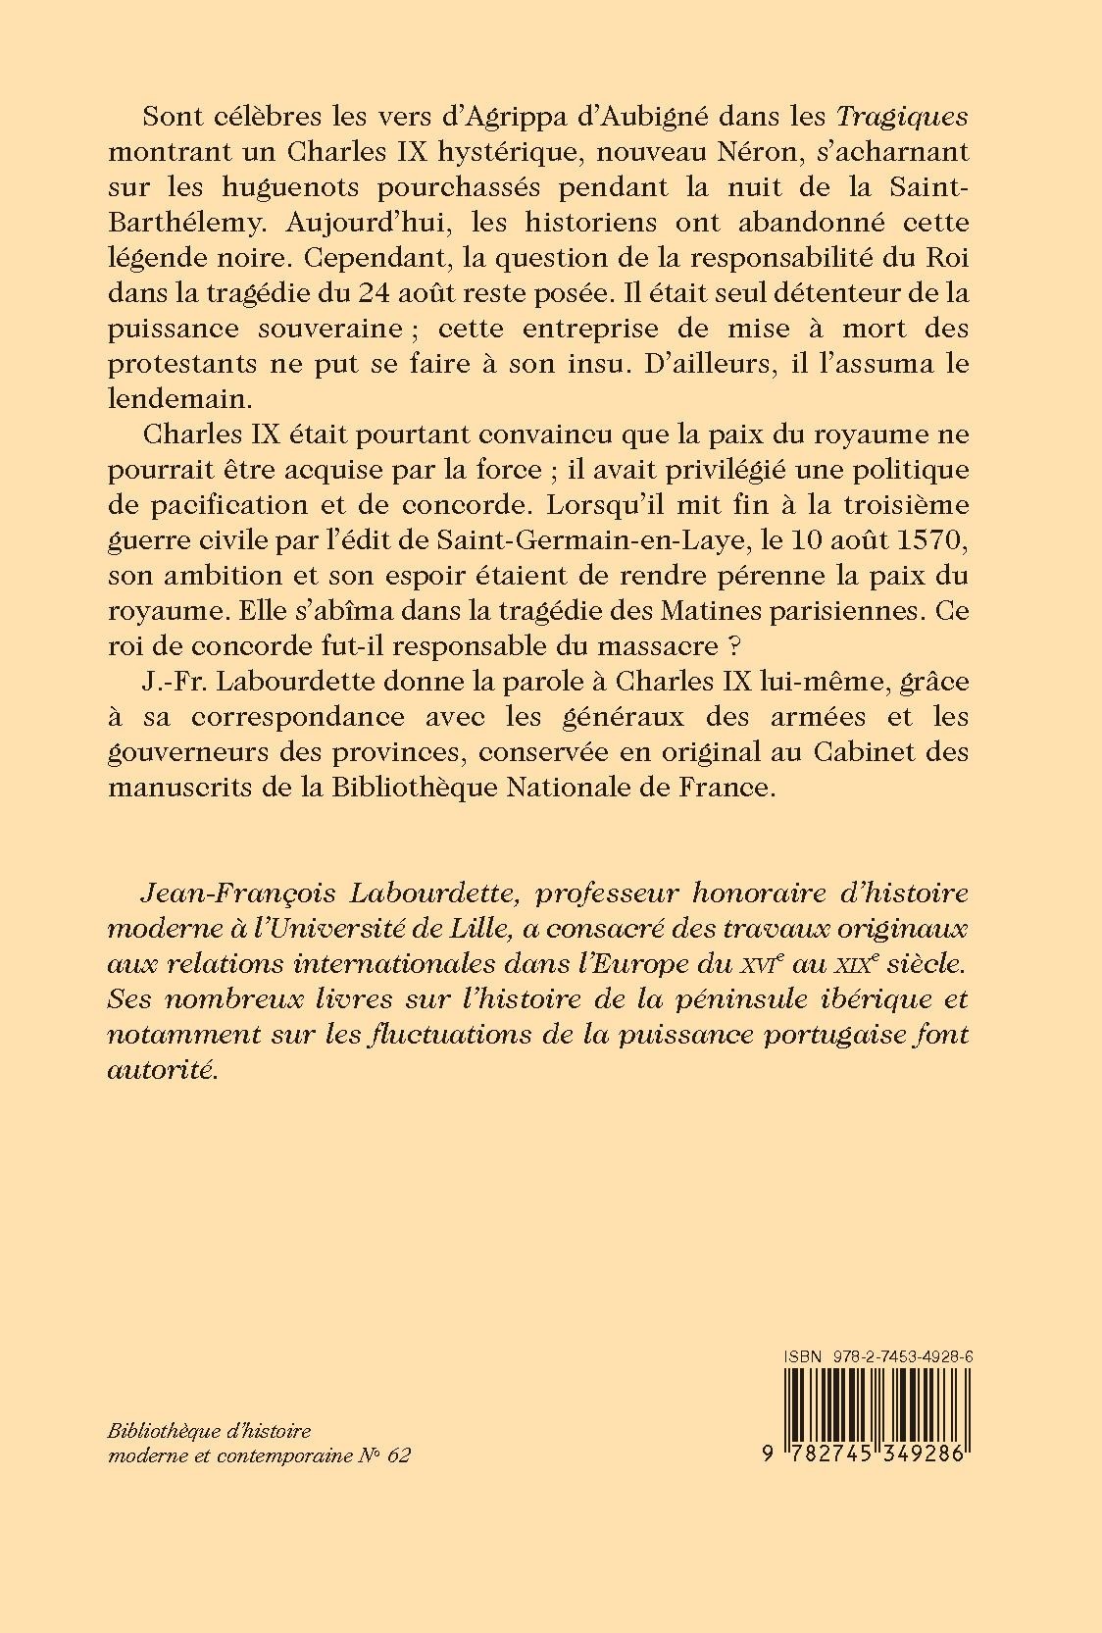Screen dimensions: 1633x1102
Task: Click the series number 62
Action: point(398,1455)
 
